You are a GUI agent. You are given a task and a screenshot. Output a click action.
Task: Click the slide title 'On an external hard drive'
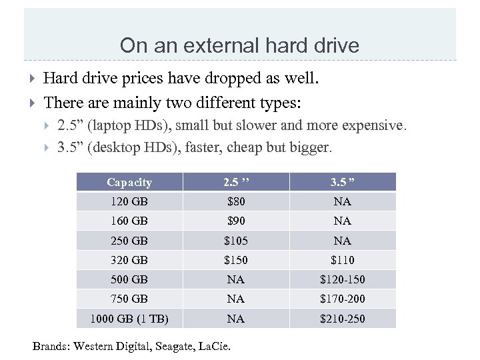(239, 45)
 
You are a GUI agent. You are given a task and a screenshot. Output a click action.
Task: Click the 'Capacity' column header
(129, 182)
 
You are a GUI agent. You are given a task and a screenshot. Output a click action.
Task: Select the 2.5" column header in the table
(235, 182)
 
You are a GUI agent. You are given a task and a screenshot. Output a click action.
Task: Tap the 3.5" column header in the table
(342, 182)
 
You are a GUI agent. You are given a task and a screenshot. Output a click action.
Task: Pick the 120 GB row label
(129, 201)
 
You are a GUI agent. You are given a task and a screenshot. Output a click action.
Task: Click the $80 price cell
(235, 201)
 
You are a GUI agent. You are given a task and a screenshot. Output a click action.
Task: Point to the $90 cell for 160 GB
(235, 221)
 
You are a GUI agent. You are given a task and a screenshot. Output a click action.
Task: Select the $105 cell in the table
(235, 241)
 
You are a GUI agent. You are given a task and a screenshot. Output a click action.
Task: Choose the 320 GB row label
(129, 260)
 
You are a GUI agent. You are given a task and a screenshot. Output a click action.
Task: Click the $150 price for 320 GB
(235, 260)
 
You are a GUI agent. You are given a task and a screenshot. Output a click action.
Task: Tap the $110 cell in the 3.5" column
(342, 260)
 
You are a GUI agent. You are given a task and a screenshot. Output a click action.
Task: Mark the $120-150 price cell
(342, 279)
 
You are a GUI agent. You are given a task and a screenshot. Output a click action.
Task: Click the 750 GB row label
(129, 299)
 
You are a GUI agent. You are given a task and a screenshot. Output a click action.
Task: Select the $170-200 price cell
(342, 299)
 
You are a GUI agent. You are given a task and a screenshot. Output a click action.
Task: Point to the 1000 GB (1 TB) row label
(129, 319)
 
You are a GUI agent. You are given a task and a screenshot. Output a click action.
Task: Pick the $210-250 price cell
(342, 319)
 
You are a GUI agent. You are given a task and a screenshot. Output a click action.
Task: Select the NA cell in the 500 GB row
(235, 279)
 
